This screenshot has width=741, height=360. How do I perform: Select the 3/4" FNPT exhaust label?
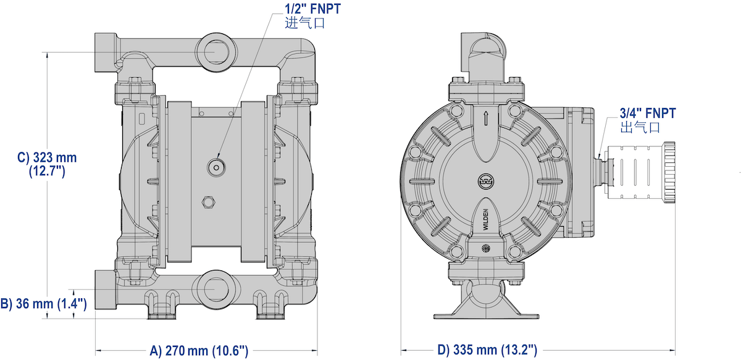point(648,113)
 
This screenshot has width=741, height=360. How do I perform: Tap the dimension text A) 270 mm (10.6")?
point(199,350)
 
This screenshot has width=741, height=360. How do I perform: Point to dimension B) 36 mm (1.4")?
point(43,303)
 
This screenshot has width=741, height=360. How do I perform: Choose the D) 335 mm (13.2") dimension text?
point(487,350)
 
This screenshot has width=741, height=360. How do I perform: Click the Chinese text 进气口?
point(304,24)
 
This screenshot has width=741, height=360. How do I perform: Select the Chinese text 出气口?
point(640,127)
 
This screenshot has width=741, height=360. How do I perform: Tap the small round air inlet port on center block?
point(216,166)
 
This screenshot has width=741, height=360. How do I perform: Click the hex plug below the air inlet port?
point(208,202)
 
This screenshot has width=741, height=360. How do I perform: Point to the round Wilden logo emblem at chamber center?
point(485,180)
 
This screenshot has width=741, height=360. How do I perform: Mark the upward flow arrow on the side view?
point(485,118)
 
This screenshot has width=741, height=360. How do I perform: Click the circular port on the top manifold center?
point(214,52)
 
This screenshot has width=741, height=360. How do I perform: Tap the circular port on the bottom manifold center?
point(214,287)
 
